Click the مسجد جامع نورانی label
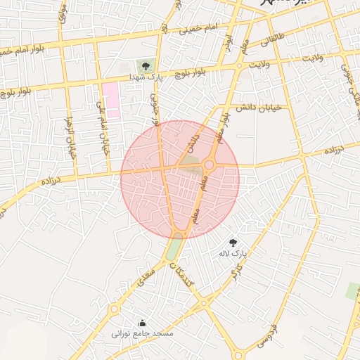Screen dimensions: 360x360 click(x=143, y=333)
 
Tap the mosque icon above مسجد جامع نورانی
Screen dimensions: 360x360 click(x=143, y=323)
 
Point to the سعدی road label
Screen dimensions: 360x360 click(x=147, y=271)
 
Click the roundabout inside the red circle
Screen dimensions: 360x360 click(x=209, y=165)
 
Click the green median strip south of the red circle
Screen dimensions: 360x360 click(x=174, y=249)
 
